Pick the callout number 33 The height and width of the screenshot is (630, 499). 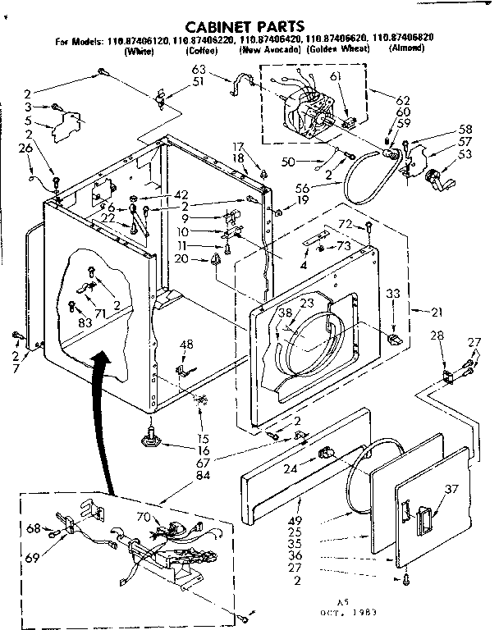coord(393,293)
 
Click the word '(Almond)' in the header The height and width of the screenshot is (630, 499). coord(406,48)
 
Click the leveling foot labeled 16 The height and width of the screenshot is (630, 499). coord(151,439)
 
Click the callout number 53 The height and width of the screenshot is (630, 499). coord(465,153)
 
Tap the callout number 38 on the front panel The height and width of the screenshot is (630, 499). coord(285,313)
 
